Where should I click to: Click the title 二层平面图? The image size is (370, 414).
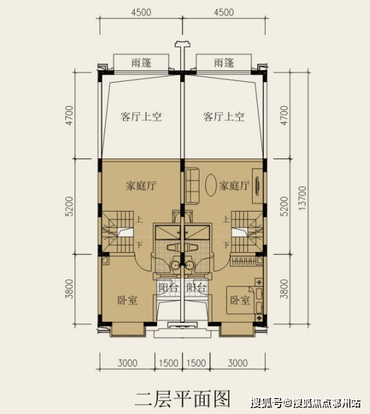(x=182, y=398)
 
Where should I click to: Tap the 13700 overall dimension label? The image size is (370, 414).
(x=302, y=199)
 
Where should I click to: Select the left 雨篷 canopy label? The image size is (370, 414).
(x=141, y=63)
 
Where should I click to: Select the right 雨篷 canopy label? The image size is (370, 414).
(x=224, y=63)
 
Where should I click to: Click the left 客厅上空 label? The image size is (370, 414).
(x=141, y=116)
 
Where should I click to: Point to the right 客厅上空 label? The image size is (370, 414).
(x=224, y=116)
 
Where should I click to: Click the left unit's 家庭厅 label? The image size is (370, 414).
(x=141, y=186)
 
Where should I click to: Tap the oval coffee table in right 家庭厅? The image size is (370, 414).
(x=211, y=185)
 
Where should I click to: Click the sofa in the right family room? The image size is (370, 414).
(x=192, y=186)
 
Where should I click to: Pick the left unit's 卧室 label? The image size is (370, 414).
(x=127, y=300)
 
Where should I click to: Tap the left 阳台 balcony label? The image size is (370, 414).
(x=168, y=287)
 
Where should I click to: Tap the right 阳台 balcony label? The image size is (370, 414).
(x=196, y=287)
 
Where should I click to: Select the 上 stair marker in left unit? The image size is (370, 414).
(x=139, y=219)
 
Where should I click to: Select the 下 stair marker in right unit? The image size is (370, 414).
(x=226, y=245)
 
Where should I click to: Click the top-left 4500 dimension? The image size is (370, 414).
(x=141, y=12)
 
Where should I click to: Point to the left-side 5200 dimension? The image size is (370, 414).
(x=69, y=206)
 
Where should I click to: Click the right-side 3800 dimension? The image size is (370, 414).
(x=284, y=289)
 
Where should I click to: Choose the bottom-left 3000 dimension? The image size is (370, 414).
(x=128, y=363)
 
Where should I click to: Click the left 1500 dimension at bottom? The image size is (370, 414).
(x=168, y=363)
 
